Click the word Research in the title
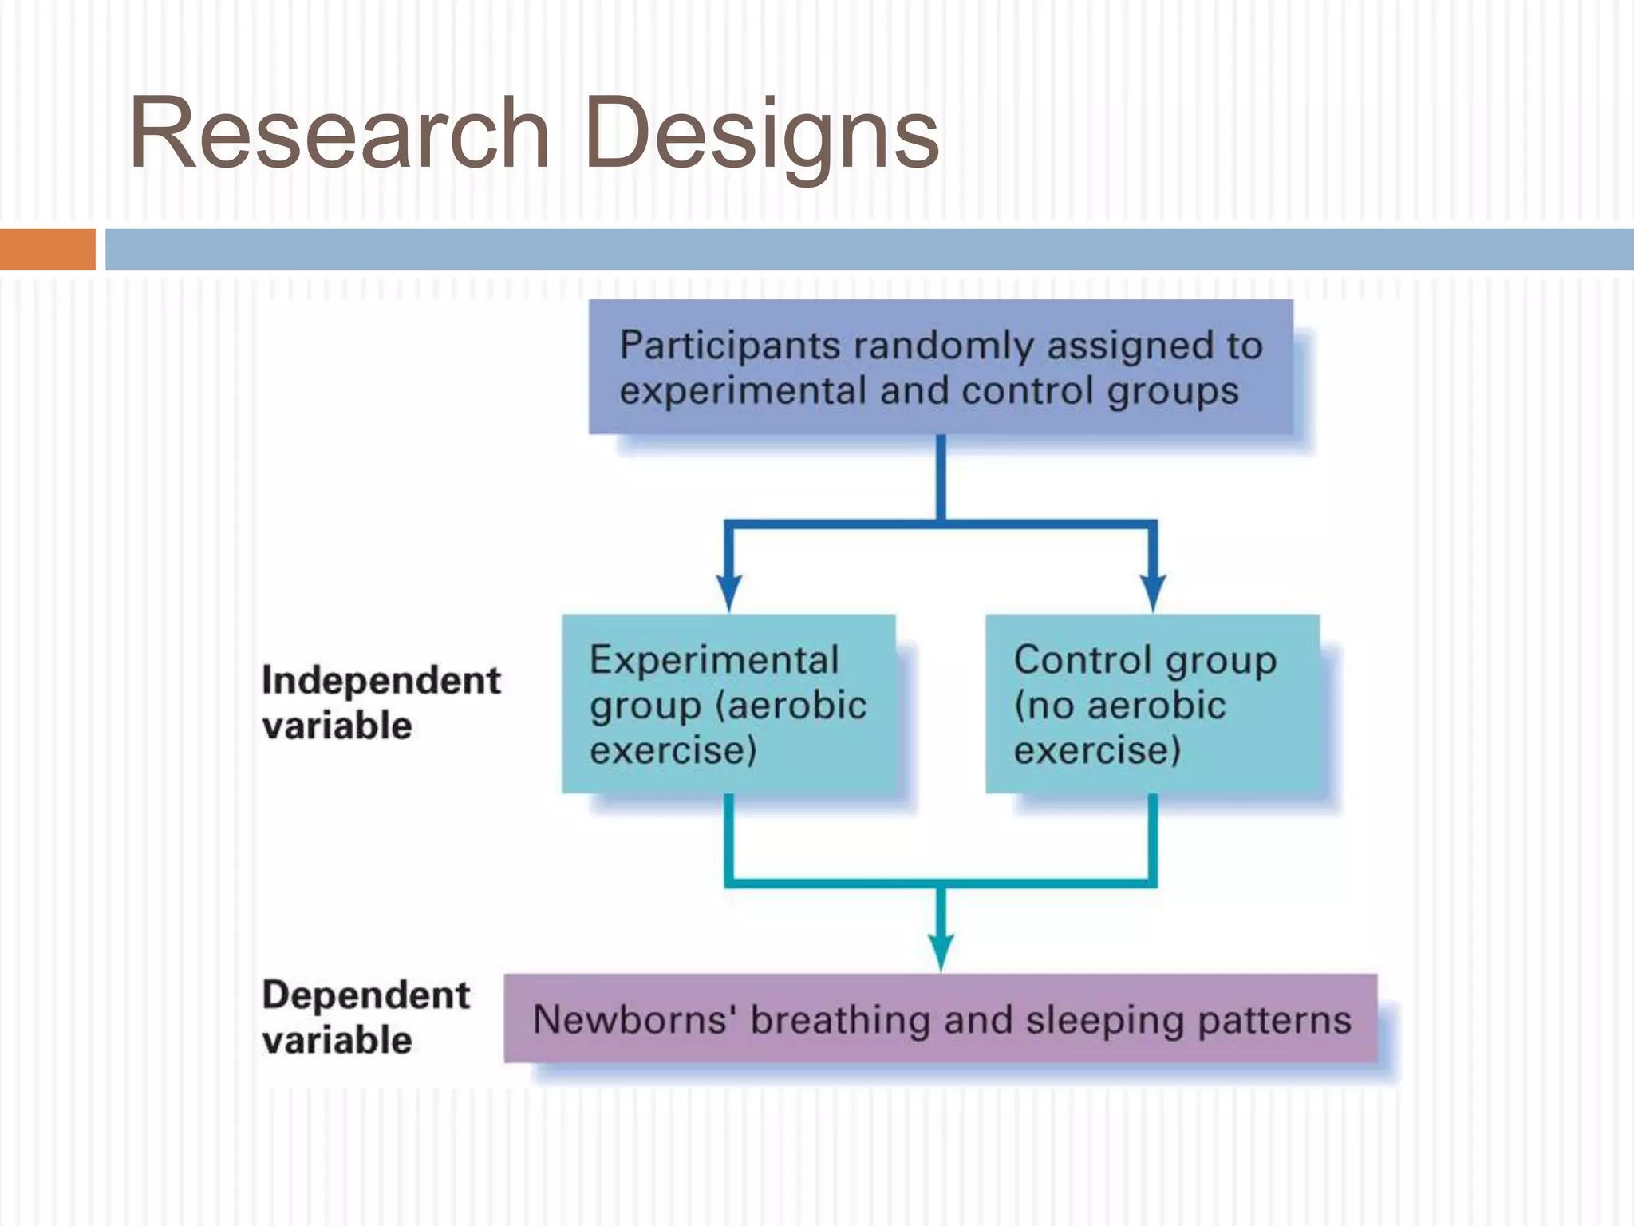(x=339, y=133)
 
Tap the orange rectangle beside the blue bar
(x=47, y=249)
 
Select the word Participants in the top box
(x=729, y=346)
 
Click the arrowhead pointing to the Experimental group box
(x=728, y=592)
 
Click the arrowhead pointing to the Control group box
(x=1153, y=592)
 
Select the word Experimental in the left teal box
(x=714, y=661)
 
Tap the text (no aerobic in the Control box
(x=1119, y=706)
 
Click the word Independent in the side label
(x=381, y=681)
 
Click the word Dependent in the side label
(x=365, y=995)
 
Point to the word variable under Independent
(x=337, y=726)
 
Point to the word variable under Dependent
(x=337, y=1041)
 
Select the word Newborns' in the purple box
(x=633, y=1020)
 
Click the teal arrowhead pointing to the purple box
(x=941, y=951)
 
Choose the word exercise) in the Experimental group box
(x=673, y=751)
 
